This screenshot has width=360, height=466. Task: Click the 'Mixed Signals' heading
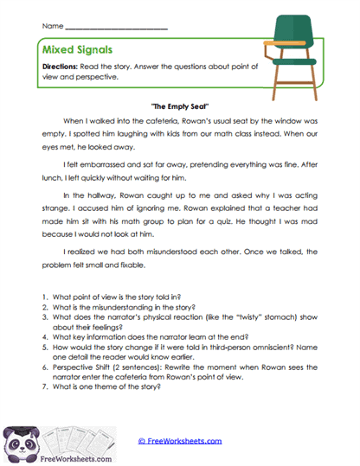[76, 51]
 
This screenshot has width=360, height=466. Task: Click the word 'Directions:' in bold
[61, 67]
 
